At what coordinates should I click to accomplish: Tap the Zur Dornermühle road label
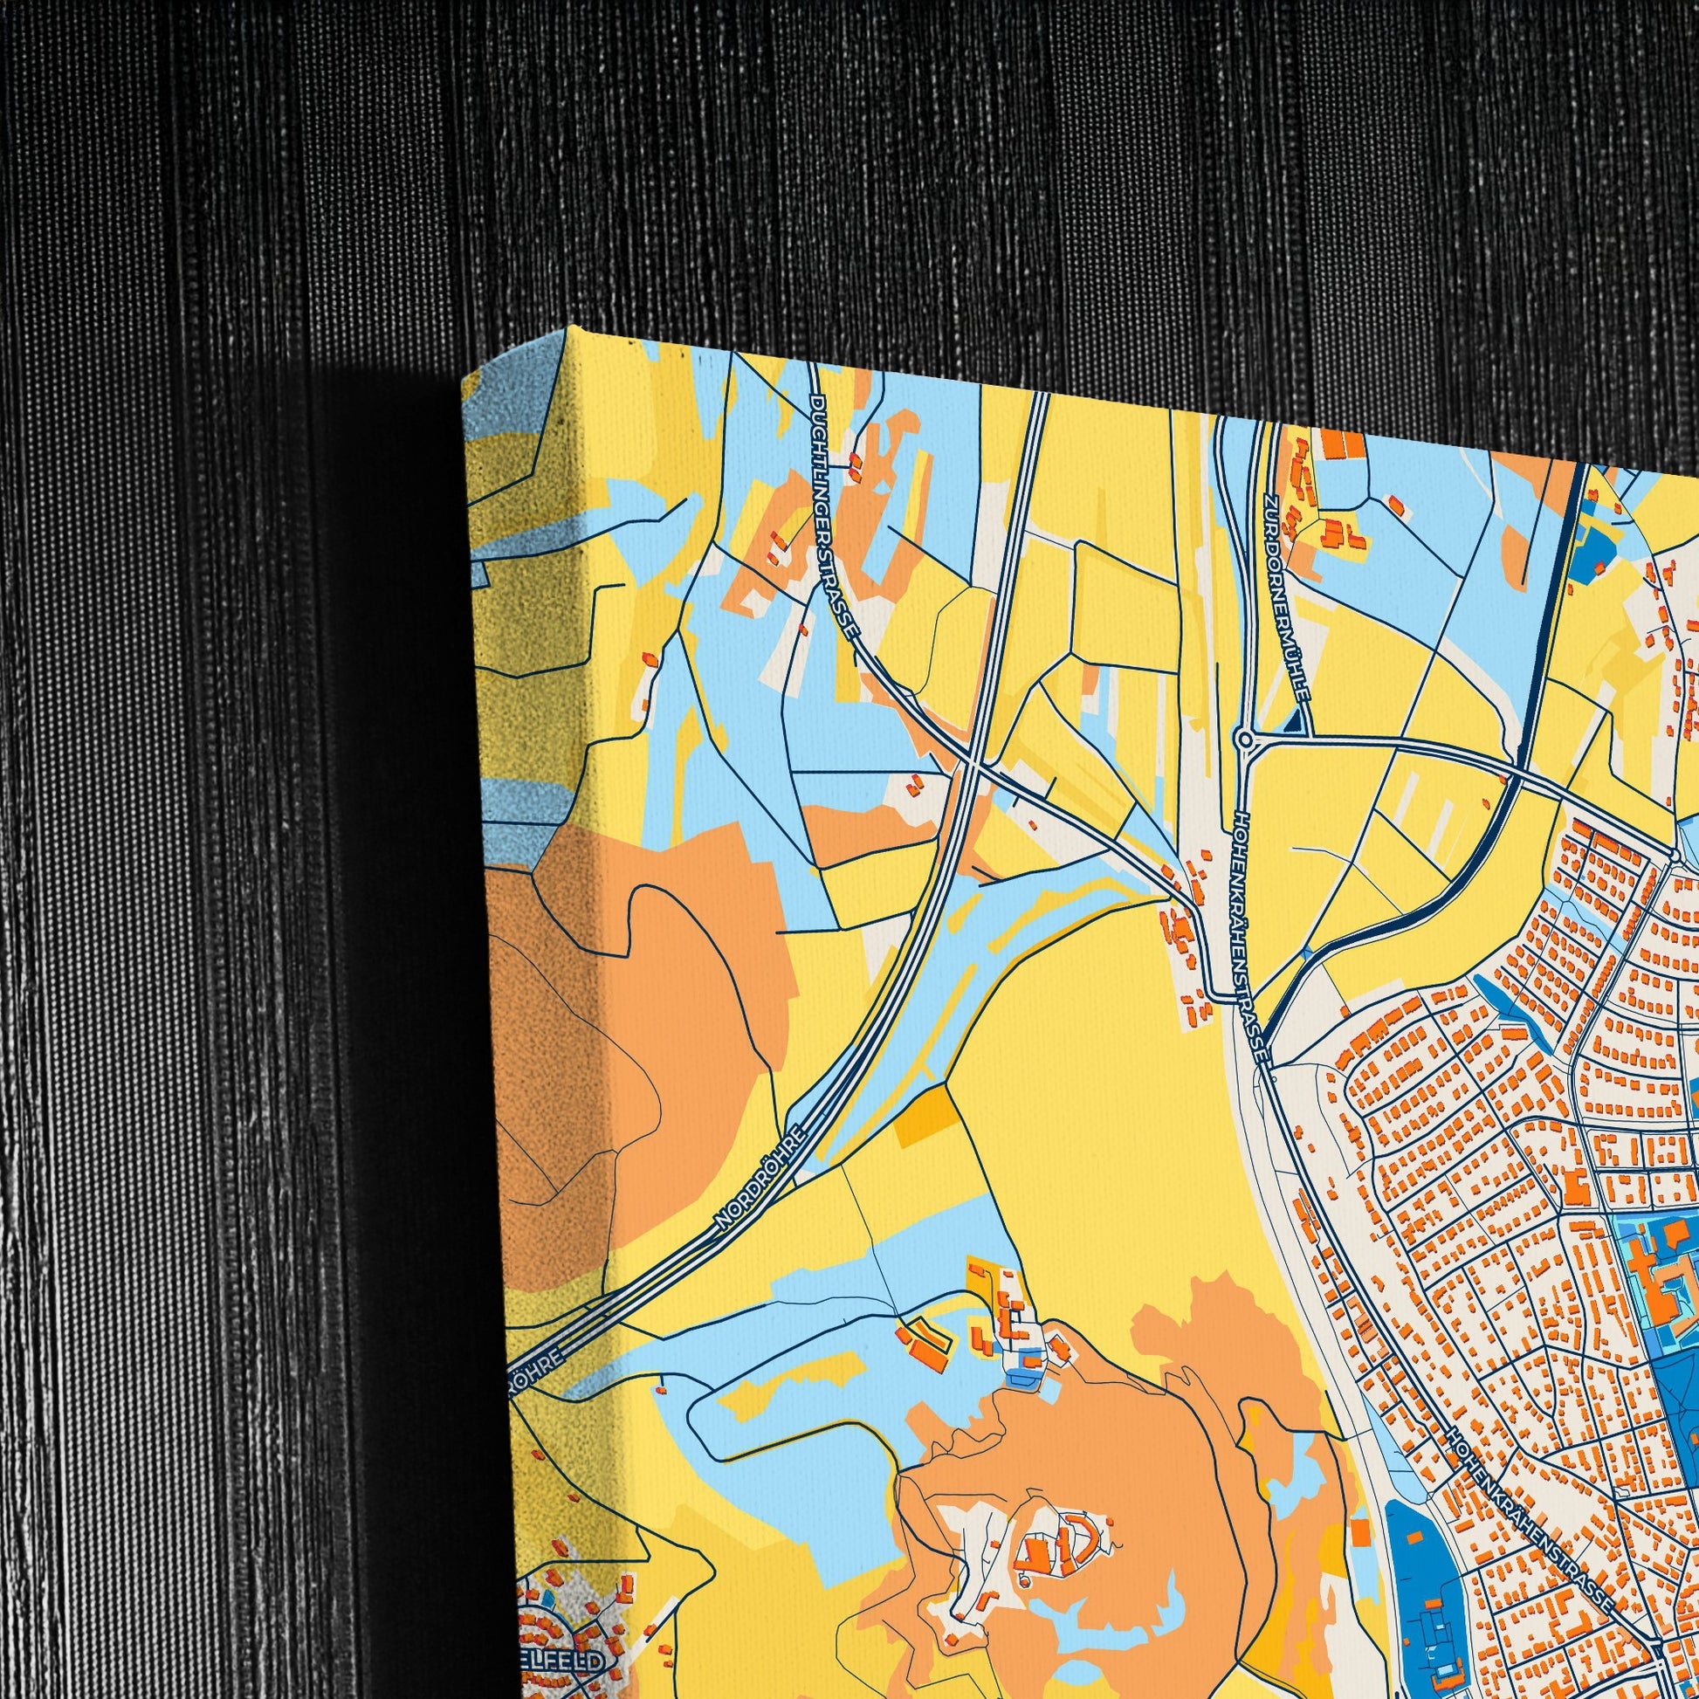point(1286,597)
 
